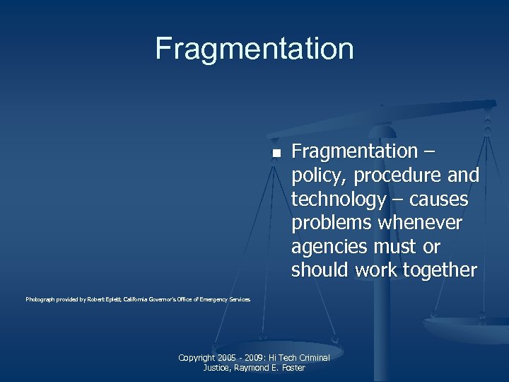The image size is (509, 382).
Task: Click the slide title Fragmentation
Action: (x=255, y=49)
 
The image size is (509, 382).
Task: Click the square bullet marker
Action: (x=276, y=154)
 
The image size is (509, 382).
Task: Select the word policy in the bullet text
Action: (x=318, y=175)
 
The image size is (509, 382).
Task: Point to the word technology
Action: (x=339, y=199)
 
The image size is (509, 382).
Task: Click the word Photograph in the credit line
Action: (x=41, y=300)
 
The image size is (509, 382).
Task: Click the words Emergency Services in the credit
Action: (x=225, y=300)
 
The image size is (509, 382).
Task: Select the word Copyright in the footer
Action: (x=198, y=358)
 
